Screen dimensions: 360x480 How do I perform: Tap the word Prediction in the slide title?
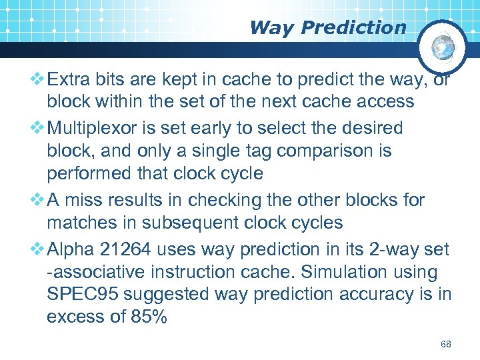[353, 27]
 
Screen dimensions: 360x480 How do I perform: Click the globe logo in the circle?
[443, 47]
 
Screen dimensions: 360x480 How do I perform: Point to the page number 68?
[446, 344]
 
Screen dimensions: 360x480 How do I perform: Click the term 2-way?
[396, 249]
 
